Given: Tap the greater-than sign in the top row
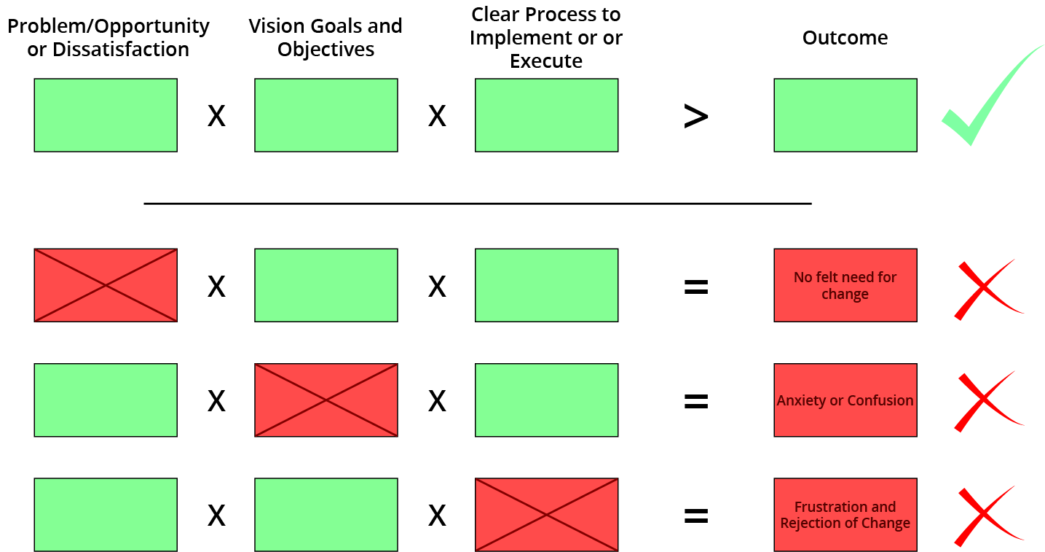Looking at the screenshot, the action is (696, 116).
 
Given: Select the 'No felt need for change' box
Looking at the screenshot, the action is (845, 285).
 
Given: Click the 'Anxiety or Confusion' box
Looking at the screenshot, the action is (845, 400).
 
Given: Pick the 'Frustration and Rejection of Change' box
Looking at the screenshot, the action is (845, 515).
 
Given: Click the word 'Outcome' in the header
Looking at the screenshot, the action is (845, 37).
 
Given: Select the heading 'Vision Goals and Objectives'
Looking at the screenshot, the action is (326, 37).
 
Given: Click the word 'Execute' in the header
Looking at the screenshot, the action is (546, 61).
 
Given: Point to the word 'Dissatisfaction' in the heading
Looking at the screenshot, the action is (121, 49).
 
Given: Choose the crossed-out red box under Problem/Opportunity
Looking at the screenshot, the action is (106, 285).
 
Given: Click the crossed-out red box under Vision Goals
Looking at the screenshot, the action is (326, 400).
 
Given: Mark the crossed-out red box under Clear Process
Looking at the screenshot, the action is (547, 515).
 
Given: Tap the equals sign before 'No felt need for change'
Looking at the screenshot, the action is (696, 287).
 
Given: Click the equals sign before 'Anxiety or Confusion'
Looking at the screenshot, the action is (696, 401).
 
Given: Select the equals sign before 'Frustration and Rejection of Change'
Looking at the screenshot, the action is (696, 516).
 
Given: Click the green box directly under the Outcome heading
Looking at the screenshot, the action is (845, 115).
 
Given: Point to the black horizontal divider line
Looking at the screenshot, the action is (478, 203).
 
